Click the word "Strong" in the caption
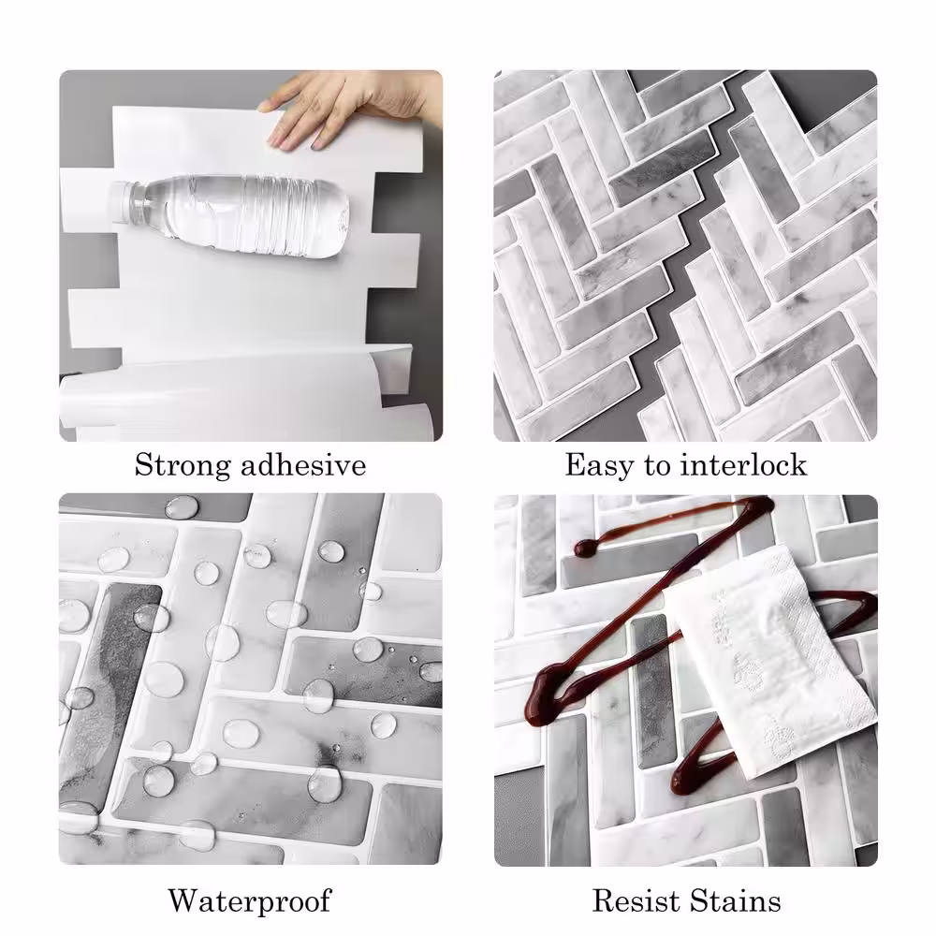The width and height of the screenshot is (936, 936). click(183, 465)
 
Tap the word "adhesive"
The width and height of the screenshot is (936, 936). click(303, 465)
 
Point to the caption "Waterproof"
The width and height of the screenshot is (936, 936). click(249, 900)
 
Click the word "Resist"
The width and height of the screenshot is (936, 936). click(636, 900)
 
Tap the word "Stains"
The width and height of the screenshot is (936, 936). click(735, 900)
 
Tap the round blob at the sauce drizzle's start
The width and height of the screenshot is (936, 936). click(585, 548)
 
